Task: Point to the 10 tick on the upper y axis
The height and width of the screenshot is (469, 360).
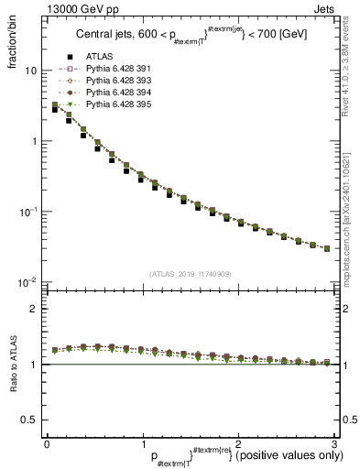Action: click(30, 71)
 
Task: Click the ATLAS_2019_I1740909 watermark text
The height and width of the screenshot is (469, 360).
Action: click(190, 274)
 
